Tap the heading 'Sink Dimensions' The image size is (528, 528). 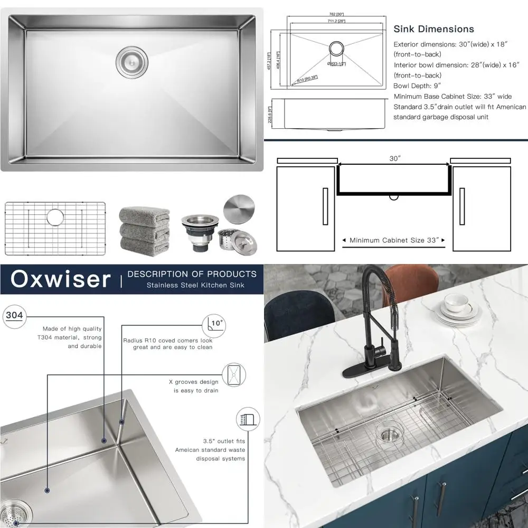pos(433,29)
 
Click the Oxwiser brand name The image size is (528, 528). pos(61,279)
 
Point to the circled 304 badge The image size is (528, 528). pos(14,316)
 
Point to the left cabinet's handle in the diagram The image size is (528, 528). pos(325,206)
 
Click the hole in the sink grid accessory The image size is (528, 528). pos(55,217)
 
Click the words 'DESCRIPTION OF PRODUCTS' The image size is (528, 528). pos(192,274)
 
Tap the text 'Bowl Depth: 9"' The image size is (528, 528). pos(417,86)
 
